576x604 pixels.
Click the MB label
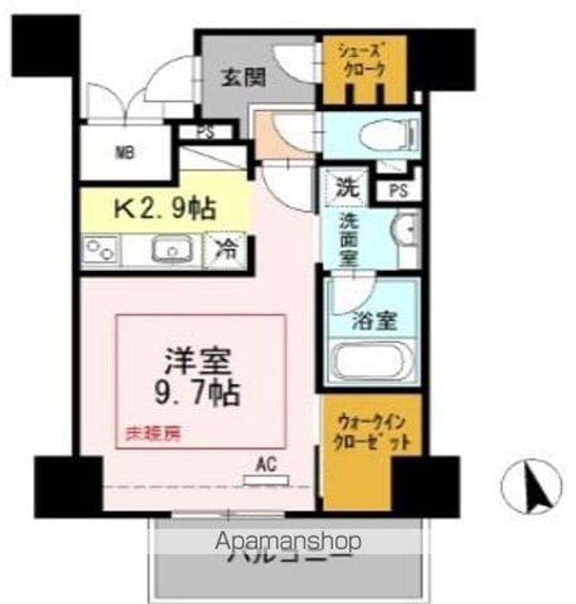[x=124, y=154]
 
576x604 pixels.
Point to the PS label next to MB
[x=204, y=132]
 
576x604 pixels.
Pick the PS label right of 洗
[x=398, y=190]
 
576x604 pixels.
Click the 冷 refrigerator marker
[x=225, y=250]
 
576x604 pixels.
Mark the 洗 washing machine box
[x=347, y=187]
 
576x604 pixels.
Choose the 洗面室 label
[x=348, y=238]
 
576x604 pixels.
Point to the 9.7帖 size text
[x=200, y=389]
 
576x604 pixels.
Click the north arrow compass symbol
[x=531, y=487]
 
